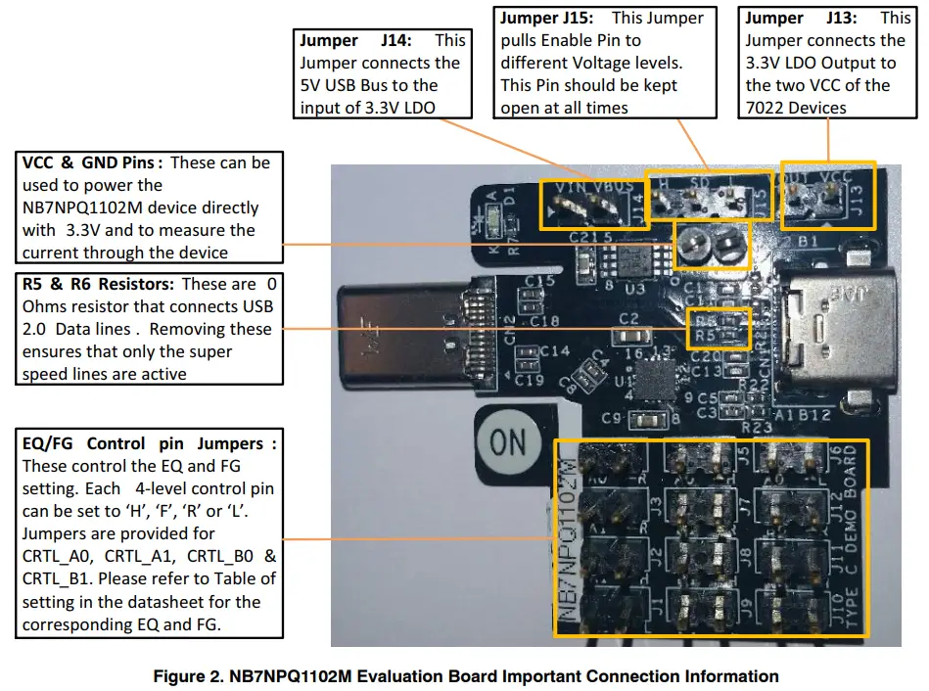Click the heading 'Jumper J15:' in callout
click(551, 18)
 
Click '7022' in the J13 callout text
click(766, 108)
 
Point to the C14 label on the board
click(554, 350)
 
